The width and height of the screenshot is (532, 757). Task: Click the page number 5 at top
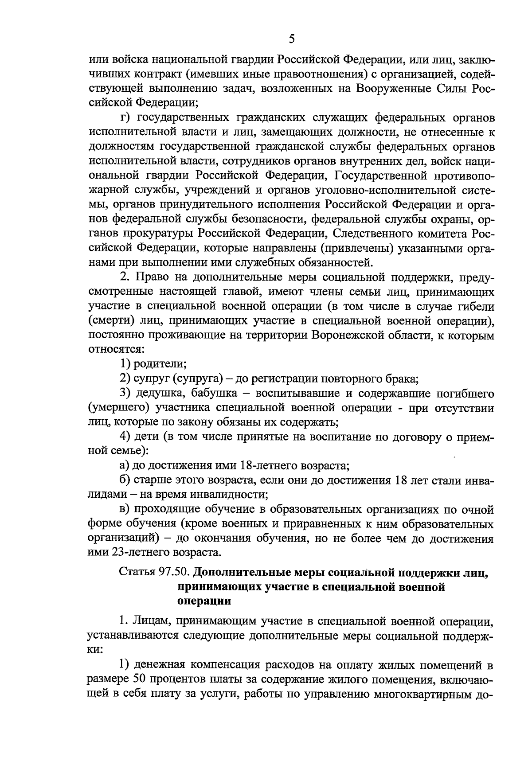coord(292,40)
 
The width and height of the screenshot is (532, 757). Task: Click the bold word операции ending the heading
coord(204,601)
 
